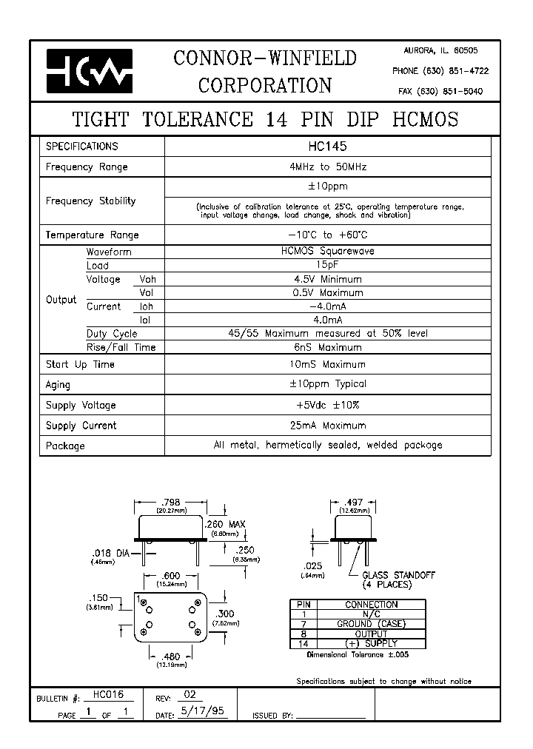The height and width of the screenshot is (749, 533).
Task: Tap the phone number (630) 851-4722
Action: [440, 71]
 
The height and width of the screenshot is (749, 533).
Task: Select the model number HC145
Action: [326, 147]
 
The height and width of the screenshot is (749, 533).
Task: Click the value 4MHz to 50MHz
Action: [326, 167]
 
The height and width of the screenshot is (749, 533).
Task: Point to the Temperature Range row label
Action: [93, 235]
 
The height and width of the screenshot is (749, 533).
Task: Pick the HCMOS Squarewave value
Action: [326, 252]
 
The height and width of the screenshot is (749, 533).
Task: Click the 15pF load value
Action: [326, 265]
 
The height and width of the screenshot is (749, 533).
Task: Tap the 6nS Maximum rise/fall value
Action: [326, 347]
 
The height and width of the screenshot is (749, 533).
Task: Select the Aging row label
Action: [58, 385]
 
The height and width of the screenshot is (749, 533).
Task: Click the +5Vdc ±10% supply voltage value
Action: [326, 405]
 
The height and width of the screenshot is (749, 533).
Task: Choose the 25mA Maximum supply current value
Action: [326, 426]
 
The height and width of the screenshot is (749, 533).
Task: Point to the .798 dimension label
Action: [170, 502]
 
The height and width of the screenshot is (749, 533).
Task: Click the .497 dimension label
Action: [355, 502]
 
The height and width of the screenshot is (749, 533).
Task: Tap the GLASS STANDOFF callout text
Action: [398, 575]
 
